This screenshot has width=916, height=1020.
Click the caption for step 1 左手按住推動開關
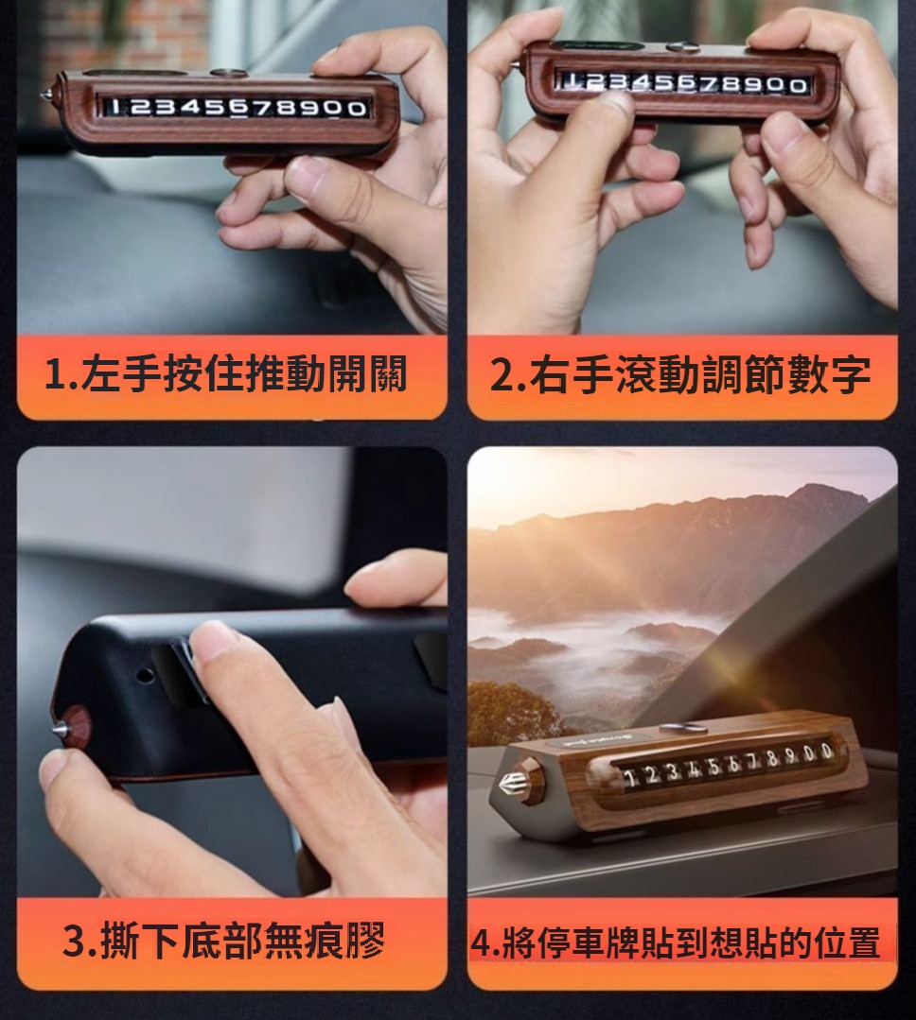point(226,374)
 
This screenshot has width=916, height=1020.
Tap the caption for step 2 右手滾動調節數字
point(680,374)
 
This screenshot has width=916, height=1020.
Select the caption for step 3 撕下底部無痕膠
point(224,941)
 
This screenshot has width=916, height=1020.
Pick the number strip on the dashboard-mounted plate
point(726,765)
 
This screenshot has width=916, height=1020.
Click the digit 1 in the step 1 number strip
point(114,105)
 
